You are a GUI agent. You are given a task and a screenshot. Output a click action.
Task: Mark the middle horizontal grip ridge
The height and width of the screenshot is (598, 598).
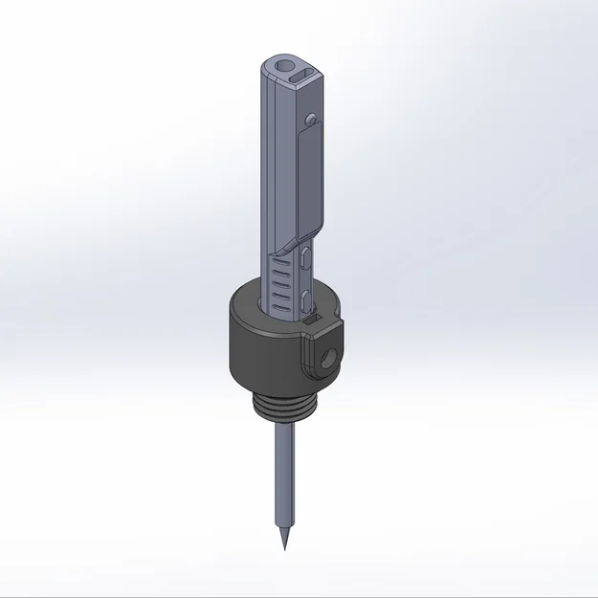[x=279, y=284]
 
